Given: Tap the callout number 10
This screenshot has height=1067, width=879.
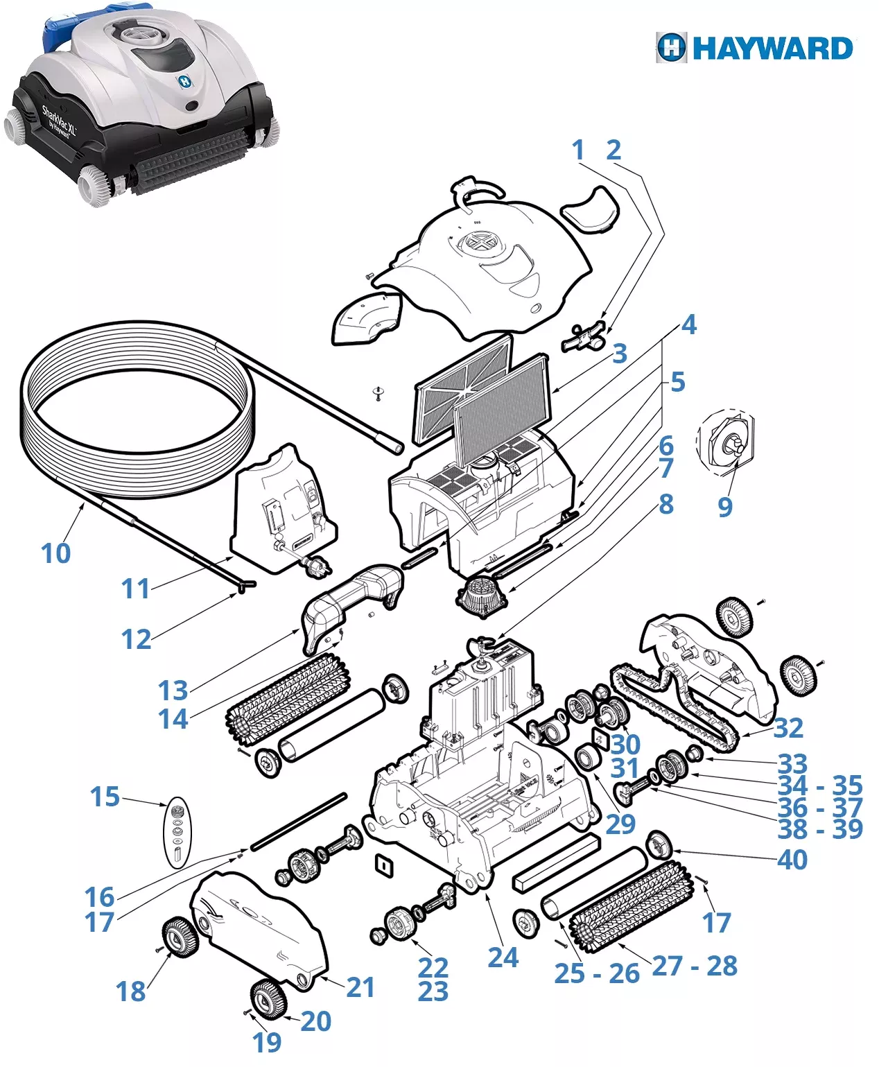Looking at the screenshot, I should (x=55, y=553).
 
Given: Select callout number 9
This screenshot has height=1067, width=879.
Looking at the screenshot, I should (x=724, y=507).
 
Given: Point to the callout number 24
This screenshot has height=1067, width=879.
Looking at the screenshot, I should (x=503, y=957).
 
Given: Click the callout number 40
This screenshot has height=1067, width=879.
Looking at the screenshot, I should (x=792, y=860).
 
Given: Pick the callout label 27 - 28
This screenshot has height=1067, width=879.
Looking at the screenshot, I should (x=695, y=965).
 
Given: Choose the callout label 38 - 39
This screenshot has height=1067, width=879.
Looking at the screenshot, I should (x=820, y=829).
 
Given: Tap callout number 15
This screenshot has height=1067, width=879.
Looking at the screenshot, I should (x=105, y=797).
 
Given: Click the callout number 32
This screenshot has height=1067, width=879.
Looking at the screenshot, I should (x=788, y=728).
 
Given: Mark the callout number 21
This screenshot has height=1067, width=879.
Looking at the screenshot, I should (x=360, y=987).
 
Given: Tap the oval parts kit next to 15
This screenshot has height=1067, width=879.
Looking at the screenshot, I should (x=178, y=832).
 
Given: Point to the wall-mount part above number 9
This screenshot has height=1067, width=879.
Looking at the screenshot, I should (x=726, y=442).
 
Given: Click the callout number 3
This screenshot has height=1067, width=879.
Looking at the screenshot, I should (x=619, y=354).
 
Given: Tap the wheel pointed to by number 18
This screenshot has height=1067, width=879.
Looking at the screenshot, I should (x=180, y=936).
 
